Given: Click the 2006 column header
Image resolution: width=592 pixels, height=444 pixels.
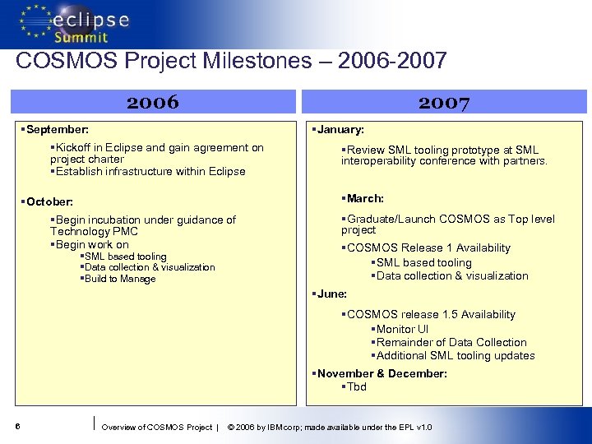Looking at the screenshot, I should coord(153,102).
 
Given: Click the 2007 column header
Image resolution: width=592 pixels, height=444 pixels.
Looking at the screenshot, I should coord(443,102).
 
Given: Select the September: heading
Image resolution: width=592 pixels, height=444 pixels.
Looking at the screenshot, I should coord(57,130).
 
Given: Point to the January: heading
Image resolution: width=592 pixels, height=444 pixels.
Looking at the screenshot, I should coord(340,130).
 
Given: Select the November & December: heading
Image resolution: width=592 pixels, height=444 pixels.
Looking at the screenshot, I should coord(381,373).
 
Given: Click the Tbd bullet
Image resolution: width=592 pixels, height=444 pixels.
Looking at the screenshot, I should coord(355,386).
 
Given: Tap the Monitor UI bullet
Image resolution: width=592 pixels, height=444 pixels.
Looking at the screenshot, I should coord(401,329).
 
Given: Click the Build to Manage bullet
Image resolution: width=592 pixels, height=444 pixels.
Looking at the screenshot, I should coord(119,279).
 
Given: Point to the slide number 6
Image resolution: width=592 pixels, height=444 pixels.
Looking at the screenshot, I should coord(17,427).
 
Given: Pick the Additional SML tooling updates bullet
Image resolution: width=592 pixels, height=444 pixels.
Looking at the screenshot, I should coord(455,355).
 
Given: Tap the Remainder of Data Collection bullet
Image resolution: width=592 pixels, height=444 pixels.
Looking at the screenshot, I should coord(451,342).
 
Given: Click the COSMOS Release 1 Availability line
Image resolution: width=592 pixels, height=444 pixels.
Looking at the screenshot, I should coord(428,247).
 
